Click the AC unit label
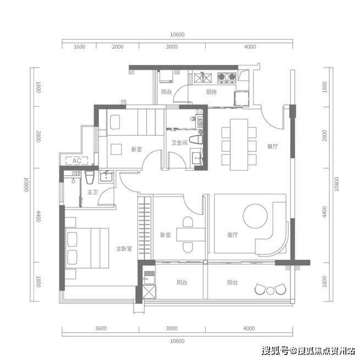coord(76,161)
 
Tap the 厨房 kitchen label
coord(211,92)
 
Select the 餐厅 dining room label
coord(272,146)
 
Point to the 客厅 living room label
coord(232,235)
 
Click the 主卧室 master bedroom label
coord(124,249)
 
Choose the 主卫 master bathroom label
coord(92,192)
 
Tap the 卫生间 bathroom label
coord(179,143)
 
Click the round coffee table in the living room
coord(255,216)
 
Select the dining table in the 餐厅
coord(239,145)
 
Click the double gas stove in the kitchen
coord(227,77)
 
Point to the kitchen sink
coord(203,78)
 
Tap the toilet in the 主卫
coord(89,178)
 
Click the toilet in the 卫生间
coord(196,140)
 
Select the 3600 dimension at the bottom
coord(101,328)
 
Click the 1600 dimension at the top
coord(79,47)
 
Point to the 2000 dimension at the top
coord(118,47)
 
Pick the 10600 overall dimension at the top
coord(177,35)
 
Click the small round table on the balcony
coord(270,291)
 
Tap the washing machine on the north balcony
coord(166,76)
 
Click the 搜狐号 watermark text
coord(275,351)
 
